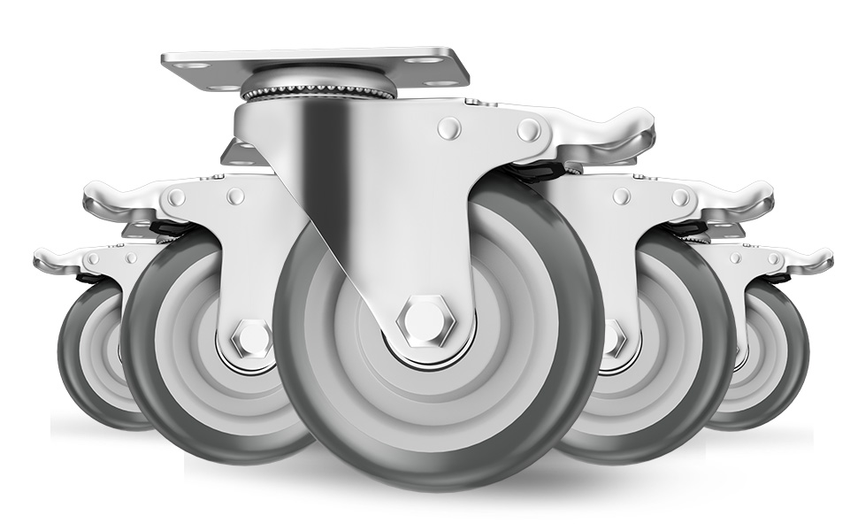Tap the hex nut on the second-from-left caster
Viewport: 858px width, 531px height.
(x=252, y=340)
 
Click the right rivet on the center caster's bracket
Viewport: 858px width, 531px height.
(x=529, y=130)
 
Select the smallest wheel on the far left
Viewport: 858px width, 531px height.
(x=84, y=363)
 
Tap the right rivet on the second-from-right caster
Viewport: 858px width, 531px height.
(x=680, y=196)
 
